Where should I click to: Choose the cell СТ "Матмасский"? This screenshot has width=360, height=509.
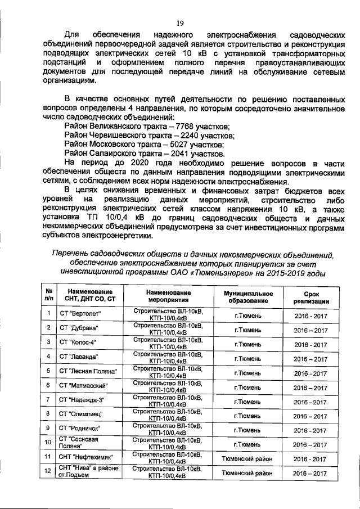(83, 386)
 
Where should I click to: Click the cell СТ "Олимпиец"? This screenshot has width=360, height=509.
(81, 415)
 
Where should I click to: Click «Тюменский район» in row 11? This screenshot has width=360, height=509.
(247, 458)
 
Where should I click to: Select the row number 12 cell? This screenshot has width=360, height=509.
(49, 473)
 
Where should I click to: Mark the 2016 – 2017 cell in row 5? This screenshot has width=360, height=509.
(311, 372)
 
